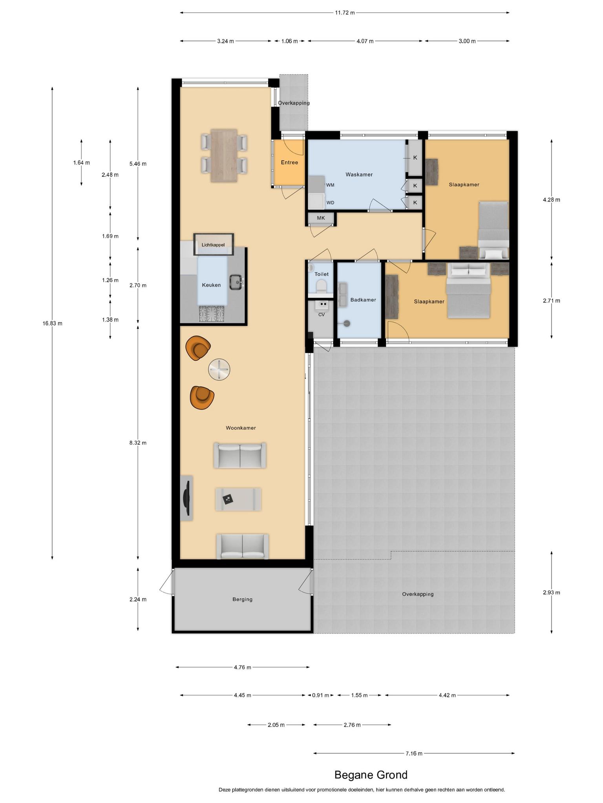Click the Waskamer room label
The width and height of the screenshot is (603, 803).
coord(359,174)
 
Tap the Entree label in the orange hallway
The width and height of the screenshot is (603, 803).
coord(289,162)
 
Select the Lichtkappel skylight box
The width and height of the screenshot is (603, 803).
coord(214,245)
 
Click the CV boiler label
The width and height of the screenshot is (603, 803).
coord(322,314)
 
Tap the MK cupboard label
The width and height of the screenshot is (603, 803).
coord(321,218)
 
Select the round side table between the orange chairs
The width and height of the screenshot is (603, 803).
coord(219,369)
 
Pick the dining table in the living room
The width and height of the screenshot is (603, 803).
coord(224,156)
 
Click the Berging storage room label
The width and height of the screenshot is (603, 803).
coord(242,599)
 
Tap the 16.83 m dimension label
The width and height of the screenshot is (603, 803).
coord(53,323)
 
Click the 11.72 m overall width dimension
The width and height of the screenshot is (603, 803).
coord(345,13)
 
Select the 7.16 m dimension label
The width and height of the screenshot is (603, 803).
coord(414,753)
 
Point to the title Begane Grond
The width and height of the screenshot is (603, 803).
coord(371,775)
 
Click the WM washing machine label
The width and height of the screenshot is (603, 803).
coord(330,185)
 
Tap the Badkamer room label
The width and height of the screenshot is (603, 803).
coord(363,300)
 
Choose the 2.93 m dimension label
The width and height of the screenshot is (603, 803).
coord(552,592)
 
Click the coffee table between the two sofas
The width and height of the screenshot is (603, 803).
coord(238,499)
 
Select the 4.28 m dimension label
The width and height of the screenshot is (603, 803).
coord(552,200)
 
